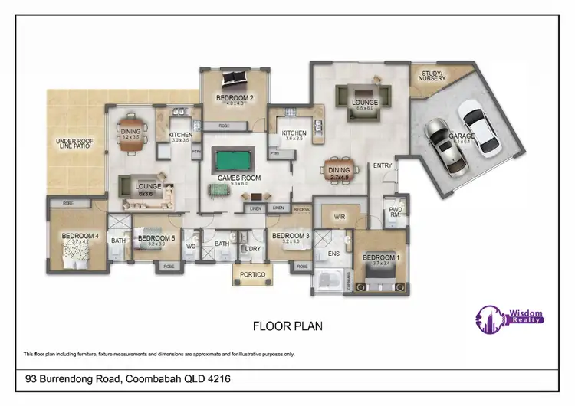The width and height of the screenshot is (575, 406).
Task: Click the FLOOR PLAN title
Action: coord(287,326)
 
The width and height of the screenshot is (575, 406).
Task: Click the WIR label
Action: coord(340,218)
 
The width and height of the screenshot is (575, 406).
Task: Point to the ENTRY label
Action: coord(383,165)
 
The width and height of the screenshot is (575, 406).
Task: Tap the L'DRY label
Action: coord(253,249)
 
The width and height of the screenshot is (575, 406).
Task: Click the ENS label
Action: coord(333,252)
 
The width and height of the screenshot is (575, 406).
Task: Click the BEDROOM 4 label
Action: coord(80,236)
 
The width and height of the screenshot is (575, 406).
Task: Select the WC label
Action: coord(191,247)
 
